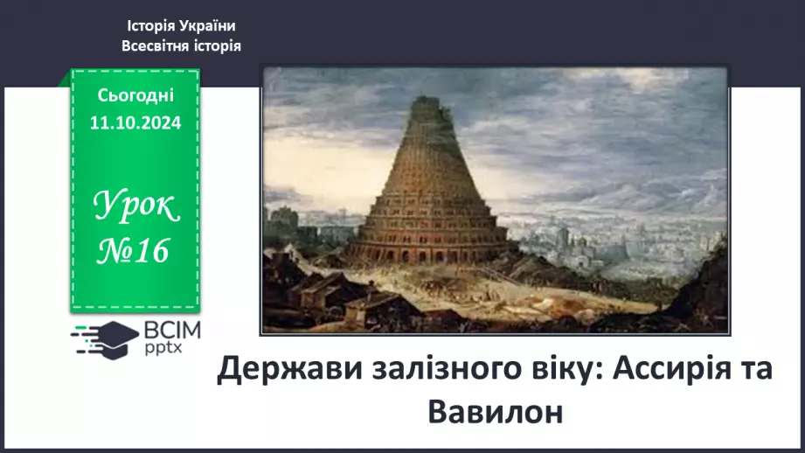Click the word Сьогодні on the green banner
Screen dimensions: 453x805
click(x=136, y=94)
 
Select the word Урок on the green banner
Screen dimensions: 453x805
click(x=136, y=207)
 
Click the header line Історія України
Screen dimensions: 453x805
click(x=181, y=26)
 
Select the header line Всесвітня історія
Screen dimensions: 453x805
click(x=181, y=45)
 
